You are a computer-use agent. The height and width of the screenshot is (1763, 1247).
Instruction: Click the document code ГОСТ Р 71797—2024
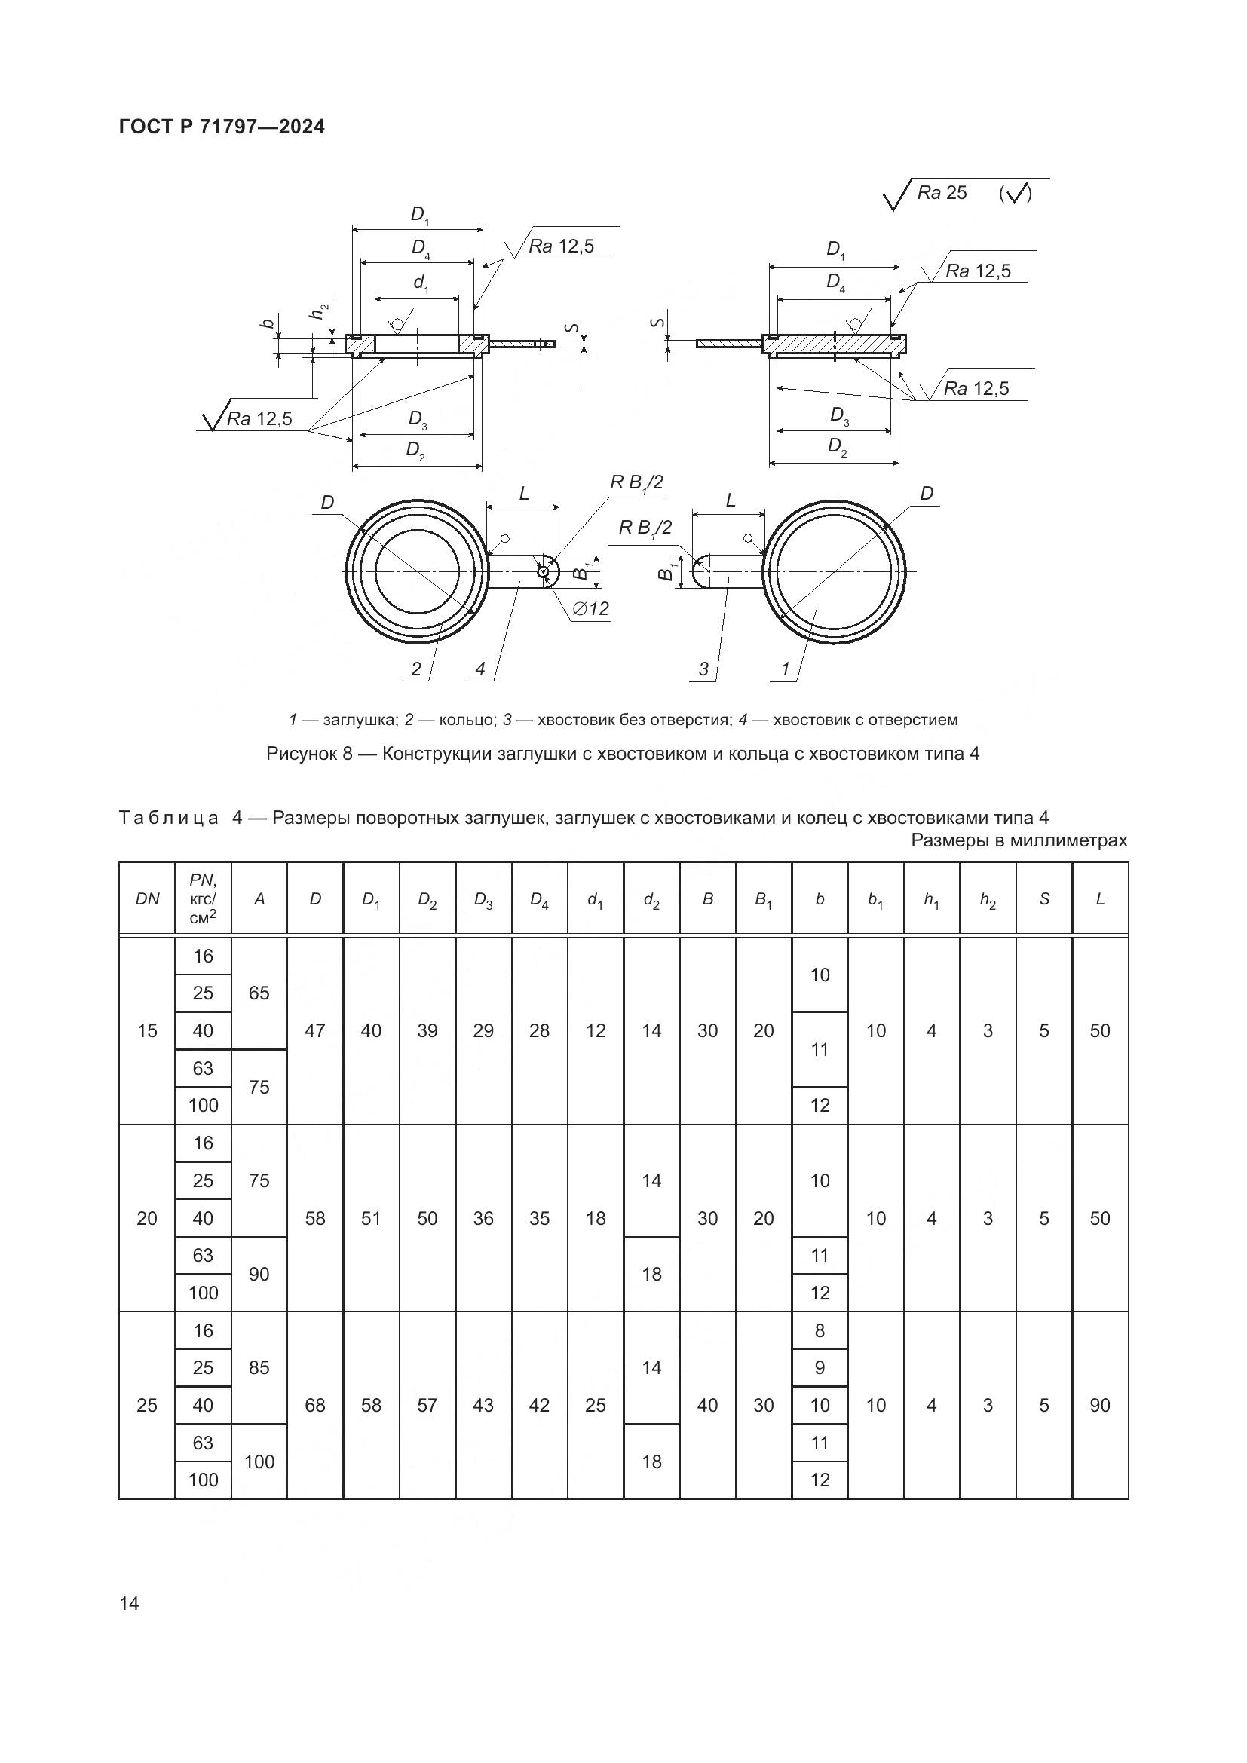[222, 127]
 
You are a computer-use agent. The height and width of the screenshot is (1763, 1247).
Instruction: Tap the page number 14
[129, 1602]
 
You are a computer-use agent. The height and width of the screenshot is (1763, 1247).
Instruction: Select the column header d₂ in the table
[651, 899]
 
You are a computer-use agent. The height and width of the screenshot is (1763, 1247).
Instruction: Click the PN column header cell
[203, 898]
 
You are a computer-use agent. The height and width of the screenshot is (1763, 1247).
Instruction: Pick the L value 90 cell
[1099, 1405]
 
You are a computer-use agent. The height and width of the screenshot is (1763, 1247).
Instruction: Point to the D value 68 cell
[315, 1405]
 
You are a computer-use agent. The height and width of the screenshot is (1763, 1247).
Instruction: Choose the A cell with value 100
[259, 1462]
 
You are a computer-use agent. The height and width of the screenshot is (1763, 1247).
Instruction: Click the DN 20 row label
[147, 1219]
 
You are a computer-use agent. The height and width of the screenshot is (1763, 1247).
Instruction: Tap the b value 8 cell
[820, 1330]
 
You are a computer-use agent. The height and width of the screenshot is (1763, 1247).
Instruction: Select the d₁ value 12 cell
[595, 1030]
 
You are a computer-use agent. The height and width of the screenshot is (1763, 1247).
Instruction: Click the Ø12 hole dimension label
[590, 609]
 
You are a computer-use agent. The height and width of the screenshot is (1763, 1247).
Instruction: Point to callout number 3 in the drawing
[703, 669]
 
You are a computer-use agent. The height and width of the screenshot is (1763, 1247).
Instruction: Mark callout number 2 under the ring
[416, 669]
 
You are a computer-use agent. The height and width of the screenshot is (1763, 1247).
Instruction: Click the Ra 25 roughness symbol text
[942, 193]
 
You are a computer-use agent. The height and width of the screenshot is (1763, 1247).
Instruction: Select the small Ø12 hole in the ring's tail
[544, 572]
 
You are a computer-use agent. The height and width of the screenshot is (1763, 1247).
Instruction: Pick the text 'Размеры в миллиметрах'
[1019, 841]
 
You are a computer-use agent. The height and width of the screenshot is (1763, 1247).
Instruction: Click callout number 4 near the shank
[480, 669]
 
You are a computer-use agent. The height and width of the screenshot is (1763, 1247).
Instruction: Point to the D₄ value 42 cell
[539, 1405]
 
